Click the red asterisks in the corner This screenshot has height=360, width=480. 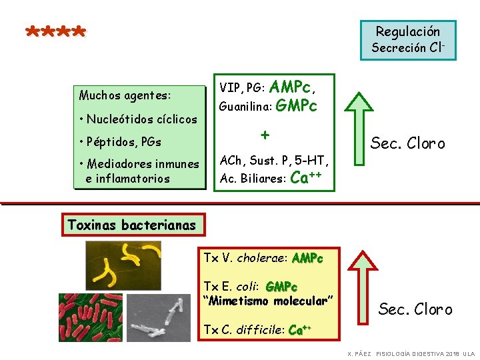56,32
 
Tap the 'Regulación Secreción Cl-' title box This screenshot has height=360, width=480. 408,39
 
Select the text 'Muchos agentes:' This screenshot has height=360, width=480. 125,95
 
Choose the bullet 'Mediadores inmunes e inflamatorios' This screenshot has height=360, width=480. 138,171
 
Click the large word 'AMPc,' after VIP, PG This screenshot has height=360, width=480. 293,86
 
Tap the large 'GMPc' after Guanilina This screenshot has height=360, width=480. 296,106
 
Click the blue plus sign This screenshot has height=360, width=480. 265,135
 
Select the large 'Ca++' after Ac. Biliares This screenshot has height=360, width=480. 307,178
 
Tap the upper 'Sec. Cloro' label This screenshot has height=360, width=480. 408,144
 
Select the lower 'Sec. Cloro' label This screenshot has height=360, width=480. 415,309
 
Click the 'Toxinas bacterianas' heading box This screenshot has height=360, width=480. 132,225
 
